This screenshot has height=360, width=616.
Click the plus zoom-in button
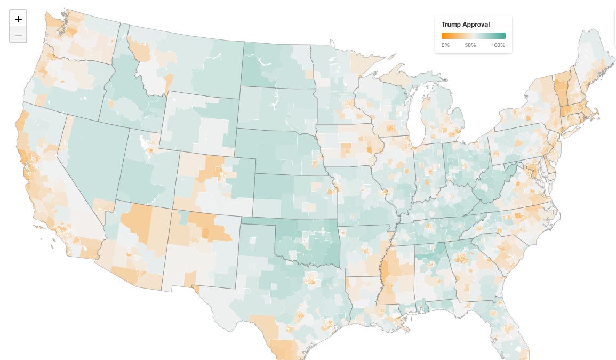(18, 19)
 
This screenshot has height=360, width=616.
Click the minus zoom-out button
(18, 35)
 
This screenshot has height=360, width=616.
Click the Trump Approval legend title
(466, 25)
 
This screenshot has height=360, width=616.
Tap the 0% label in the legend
(445, 45)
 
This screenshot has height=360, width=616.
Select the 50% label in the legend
(470, 45)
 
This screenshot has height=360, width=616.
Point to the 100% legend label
(498, 45)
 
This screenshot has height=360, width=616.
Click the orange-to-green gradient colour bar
(473, 36)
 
